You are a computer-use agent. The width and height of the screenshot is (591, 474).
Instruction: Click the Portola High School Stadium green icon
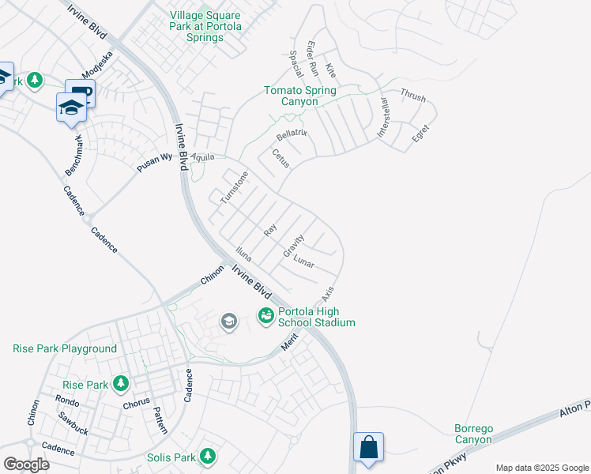(265, 316)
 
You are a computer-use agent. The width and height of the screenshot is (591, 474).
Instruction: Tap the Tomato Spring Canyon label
(299, 96)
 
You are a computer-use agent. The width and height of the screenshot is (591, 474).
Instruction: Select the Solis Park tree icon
(208, 456)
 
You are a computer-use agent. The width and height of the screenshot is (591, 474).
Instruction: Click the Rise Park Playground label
(65, 348)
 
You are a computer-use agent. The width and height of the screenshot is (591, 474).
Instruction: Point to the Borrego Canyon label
(473, 434)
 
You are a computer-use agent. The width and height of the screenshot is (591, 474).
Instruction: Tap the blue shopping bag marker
(368, 447)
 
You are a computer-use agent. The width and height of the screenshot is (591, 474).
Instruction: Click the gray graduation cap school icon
(229, 321)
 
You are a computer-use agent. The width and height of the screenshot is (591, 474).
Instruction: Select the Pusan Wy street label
(155, 158)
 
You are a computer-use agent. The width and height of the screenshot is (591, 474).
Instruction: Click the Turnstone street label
(234, 188)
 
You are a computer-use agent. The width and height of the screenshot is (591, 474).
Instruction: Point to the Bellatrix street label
(292, 135)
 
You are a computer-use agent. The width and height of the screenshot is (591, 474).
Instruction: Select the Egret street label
(420, 134)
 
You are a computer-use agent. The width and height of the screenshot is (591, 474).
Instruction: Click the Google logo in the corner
(25, 464)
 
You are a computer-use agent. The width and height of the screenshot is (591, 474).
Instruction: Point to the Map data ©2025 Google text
(542, 467)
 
